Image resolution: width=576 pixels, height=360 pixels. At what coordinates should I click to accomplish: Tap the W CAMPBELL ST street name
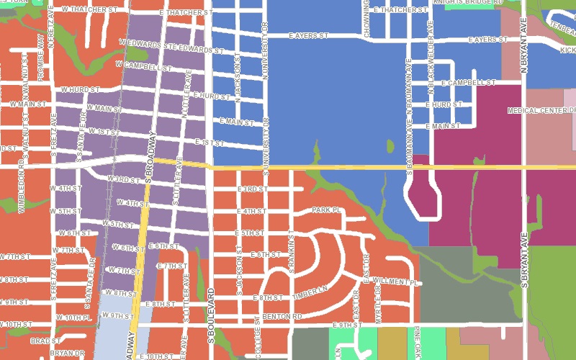tap(144, 67)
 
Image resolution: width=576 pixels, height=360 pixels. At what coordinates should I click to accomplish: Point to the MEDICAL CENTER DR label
tap(541, 111)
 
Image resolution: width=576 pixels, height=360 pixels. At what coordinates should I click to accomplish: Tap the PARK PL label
tap(325, 210)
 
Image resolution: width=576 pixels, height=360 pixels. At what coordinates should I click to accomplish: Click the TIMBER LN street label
tap(310, 296)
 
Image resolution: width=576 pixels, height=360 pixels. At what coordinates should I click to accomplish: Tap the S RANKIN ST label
tap(292, 252)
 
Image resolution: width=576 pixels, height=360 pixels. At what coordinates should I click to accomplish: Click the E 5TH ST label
tap(251, 233)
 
